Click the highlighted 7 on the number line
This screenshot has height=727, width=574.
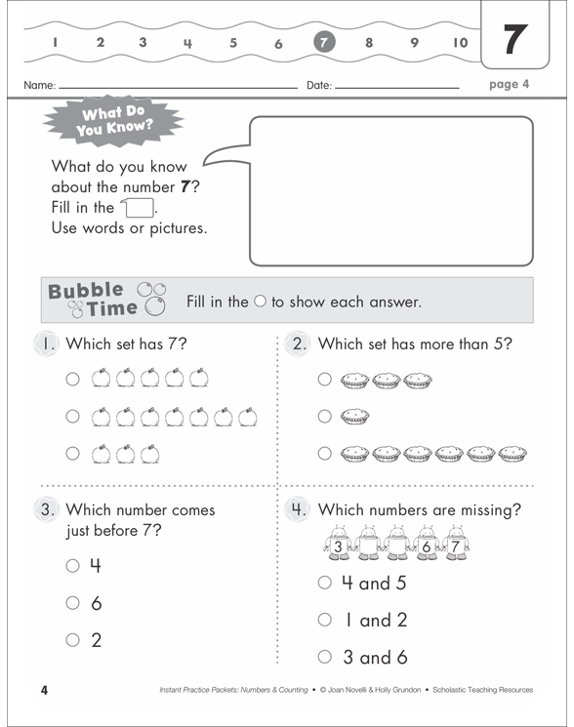[x=324, y=42]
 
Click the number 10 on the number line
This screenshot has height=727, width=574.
[x=460, y=42]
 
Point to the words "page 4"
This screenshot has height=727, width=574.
[x=509, y=84]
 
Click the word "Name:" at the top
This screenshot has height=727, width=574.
[x=40, y=86]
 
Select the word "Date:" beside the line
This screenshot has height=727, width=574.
[x=319, y=86]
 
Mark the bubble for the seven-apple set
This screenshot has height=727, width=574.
[x=73, y=418]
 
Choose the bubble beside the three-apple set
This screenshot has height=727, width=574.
[x=73, y=453]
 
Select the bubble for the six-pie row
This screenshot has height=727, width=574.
[x=325, y=453]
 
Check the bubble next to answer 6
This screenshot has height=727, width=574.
[x=72, y=603]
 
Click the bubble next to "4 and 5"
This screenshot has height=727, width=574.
[x=325, y=583]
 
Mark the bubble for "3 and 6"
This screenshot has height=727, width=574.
[x=325, y=657]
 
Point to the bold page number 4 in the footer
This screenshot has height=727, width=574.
[x=44, y=691]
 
